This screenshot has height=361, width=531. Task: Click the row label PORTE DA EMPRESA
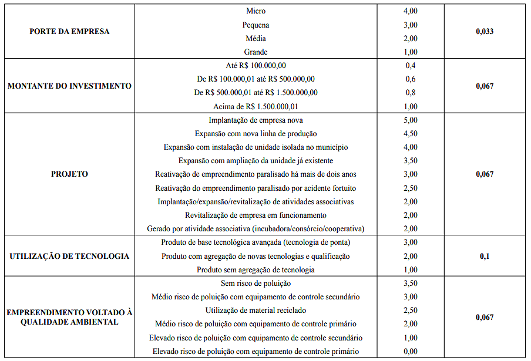(x=69, y=31)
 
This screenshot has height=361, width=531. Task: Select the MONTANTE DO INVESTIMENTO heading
(x=69, y=86)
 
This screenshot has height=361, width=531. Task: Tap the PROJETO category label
(x=69, y=174)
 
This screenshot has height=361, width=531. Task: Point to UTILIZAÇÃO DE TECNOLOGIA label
(x=69, y=256)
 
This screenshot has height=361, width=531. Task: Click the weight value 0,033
(x=485, y=31)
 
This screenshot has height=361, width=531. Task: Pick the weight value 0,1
(x=485, y=256)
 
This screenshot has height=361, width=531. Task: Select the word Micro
(x=256, y=11)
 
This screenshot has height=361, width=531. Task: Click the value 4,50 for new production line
(x=411, y=133)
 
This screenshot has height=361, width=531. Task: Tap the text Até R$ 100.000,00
(x=256, y=65)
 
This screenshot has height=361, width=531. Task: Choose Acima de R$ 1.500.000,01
(x=256, y=106)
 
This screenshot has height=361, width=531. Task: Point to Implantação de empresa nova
(x=256, y=120)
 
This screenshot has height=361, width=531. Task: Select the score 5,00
(x=411, y=120)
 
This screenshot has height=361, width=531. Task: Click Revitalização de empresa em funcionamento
(x=256, y=215)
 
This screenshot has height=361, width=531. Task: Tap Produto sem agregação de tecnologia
(x=256, y=269)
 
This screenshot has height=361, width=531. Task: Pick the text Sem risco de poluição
(x=256, y=283)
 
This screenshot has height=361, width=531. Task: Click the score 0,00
(x=411, y=351)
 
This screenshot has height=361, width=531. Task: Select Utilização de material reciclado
(x=256, y=310)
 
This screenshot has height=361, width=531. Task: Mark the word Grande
(x=256, y=52)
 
